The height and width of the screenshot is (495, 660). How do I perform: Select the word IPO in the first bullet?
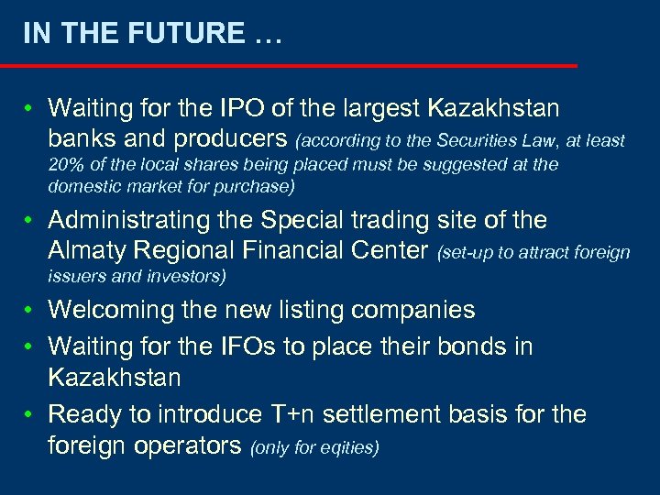click(242, 108)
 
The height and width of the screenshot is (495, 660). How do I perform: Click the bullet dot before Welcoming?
click(30, 311)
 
